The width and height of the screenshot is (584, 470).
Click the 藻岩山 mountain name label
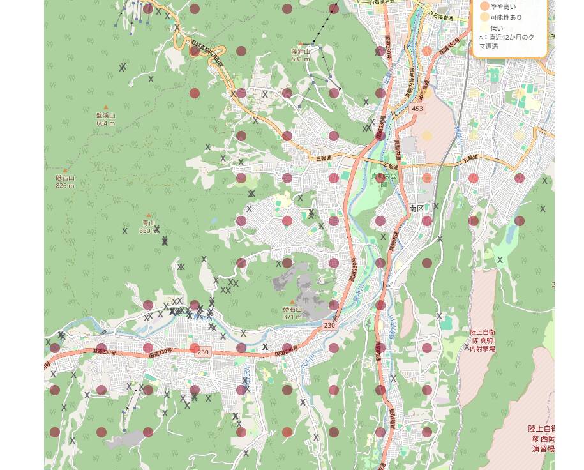click(x=300, y=52)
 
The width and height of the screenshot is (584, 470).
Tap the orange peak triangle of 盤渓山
click(x=106, y=107)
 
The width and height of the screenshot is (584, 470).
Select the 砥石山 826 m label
click(x=64, y=182)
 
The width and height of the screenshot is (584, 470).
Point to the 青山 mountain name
click(x=149, y=224)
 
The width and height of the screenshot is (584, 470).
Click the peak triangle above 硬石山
click(x=292, y=301)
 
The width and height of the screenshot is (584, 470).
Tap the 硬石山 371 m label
click(x=292, y=313)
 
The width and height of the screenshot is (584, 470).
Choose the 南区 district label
click(x=417, y=209)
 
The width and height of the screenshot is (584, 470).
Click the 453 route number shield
click(x=417, y=109)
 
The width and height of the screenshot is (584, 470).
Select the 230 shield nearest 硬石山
click(x=329, y=326)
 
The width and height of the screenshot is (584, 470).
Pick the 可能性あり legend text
click(x=506, y=17)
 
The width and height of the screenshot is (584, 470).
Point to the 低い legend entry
click(x=497, y=28)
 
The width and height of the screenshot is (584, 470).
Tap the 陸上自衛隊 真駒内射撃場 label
click(x=483, y=341)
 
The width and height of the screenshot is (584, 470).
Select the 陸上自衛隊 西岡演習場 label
click(x=543, y=439)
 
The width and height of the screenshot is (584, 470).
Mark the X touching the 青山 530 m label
click(x=156, y=229)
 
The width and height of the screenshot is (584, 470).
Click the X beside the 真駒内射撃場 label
click(x=467, y=347)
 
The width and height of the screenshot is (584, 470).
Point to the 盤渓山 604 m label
click(x=106, y=119)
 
